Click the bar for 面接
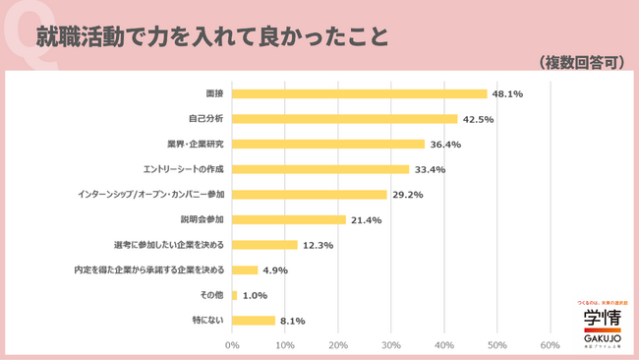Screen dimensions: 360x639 [x=360, y=93]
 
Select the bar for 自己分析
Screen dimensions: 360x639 [x=345, y=119]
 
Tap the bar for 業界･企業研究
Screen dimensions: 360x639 [x=328, y=144]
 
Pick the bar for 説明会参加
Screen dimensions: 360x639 [x=289, y=219]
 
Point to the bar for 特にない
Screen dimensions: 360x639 [x=254, y=320]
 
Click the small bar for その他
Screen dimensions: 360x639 [x=235, y=294]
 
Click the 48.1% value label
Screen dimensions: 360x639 [x=507, y=94]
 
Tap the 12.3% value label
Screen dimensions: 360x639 [x=318, y=245]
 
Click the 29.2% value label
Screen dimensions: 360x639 [x=407, y=195]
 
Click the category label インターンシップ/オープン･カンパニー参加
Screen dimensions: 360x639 [x=150, y=195]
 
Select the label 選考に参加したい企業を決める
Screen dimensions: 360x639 [x=169, y=245]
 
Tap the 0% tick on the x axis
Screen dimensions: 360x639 [x=233, y=344]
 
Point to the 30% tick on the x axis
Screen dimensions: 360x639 [x=391, y=344]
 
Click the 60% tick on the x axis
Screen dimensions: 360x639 [x=551, y=344]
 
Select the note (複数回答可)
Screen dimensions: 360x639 [x=582, y=61]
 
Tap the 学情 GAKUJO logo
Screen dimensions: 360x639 [x=601, y=322]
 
